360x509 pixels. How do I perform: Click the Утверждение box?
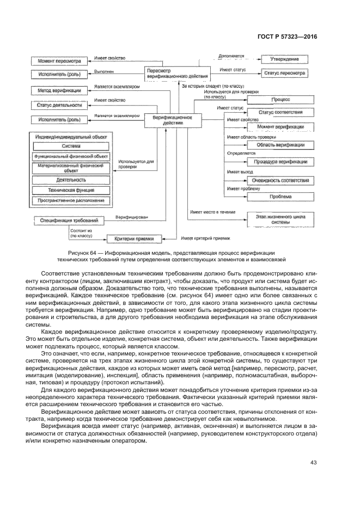coord(284,59)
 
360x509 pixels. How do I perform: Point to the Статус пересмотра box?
coord(284,73)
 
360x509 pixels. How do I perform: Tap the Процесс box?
coord(280,100)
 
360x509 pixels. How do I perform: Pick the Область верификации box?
coord(280,145)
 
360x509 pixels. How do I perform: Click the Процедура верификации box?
coord(280,162)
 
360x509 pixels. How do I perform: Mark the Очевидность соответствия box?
coord(280,180)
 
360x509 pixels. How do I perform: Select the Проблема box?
coord(280,197)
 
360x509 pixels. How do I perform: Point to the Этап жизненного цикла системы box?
coord(280,219)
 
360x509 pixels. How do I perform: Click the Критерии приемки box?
coord(135,238)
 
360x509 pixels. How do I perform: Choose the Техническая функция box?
coord(71,190)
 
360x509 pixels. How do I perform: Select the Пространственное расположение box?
coord(71,201)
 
